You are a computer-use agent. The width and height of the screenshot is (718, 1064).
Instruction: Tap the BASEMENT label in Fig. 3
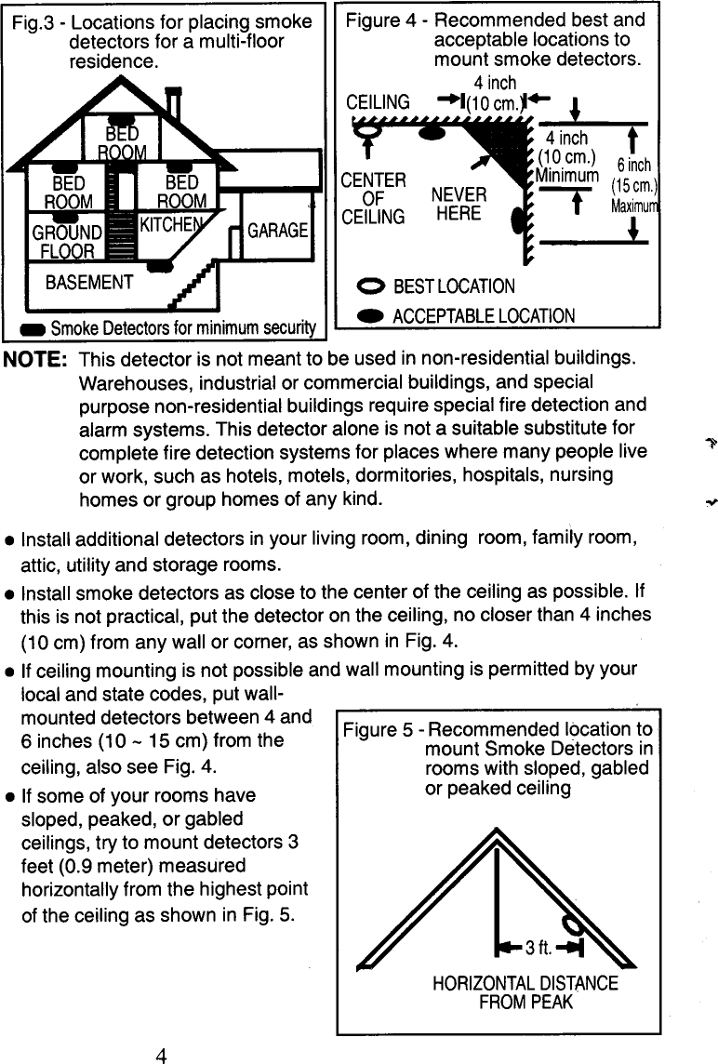click(x=89, y=281)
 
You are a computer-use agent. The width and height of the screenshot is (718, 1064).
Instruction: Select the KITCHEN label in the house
click(x=171, y=224)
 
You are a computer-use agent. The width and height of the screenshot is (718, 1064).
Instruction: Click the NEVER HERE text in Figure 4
click(x=459, y=205)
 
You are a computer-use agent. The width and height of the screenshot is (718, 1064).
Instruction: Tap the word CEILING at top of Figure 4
click(x=377, y=102)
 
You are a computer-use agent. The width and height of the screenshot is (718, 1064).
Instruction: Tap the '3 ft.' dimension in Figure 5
click(x=535, y=949)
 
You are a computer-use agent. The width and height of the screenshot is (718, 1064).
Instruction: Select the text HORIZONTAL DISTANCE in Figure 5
click(x=525, y=983)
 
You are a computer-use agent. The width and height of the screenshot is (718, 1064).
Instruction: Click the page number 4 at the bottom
click(x=161, y=1055)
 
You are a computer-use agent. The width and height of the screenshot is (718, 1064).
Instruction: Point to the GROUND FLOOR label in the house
click(x=68, y=241)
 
